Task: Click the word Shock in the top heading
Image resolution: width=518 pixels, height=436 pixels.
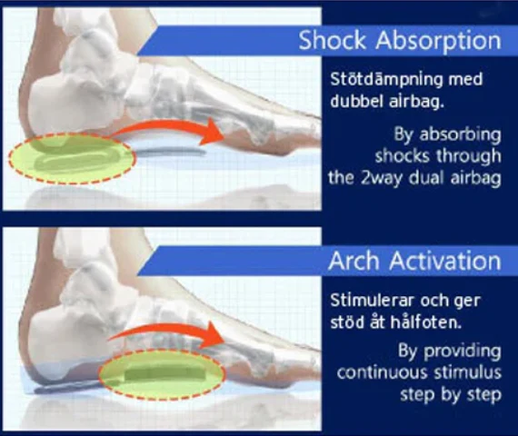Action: point(333,40)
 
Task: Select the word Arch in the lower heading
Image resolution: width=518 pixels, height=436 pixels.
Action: point(354,261)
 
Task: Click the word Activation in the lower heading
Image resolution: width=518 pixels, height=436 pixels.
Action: point(445,261)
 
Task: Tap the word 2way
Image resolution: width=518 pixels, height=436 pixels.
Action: point(382,179)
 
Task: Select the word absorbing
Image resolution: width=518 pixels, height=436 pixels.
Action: point(460,135)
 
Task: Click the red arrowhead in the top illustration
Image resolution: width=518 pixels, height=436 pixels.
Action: point(212,132)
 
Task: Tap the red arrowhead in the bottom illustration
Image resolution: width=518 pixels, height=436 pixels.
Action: point(211,335)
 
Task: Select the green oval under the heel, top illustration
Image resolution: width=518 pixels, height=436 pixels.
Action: point(72,158)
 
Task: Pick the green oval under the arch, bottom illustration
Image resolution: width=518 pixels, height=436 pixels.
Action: point(162,374)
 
